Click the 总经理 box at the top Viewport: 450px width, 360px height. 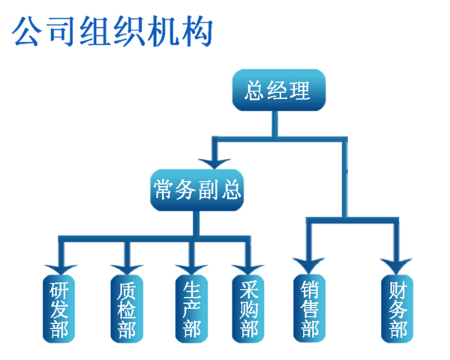[277, 91]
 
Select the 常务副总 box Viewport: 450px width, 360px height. [197, 190]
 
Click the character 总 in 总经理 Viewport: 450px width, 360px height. [256, 91]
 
